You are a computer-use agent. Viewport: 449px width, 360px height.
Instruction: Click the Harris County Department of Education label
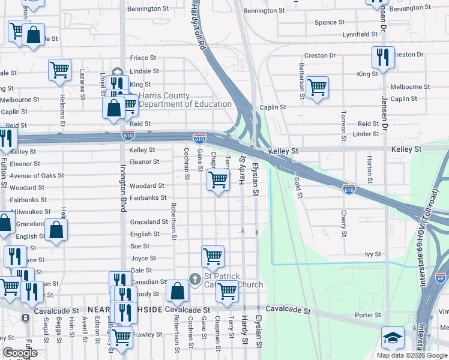coord(185,100)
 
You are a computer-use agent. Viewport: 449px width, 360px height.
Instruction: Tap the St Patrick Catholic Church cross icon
coord(194,279)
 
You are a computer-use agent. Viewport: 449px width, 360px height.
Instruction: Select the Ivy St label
coord(373,254)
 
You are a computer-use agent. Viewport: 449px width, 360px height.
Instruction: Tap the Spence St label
coord(330,22)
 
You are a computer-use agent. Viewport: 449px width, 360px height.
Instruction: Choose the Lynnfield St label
coord(360,35)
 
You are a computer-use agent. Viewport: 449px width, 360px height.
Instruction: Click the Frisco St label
coord(143,58)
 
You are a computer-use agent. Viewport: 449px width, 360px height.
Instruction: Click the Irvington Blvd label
coord(122,188)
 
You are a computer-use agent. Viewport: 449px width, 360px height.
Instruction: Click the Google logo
coord(20,353)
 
